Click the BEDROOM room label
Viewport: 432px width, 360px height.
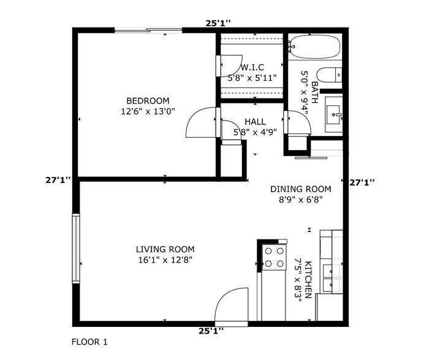(x=148, y=101)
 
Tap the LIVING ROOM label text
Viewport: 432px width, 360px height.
(x=165, y=249)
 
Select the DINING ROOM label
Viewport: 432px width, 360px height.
(x=300, y=189)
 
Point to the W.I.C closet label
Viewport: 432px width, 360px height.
(x=252, y=67)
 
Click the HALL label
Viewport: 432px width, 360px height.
(x=254, y=122)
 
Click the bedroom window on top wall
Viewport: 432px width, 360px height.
(x=148, y=29)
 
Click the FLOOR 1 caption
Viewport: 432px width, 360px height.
(x=89, y=342)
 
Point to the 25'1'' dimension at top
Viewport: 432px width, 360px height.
(x=218, y=23)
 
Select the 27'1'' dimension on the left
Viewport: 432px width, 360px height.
(x=58, y=181)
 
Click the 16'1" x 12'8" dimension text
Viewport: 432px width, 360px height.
(x=165, y=260)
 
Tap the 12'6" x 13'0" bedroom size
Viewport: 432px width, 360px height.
(x=148, y=111)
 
